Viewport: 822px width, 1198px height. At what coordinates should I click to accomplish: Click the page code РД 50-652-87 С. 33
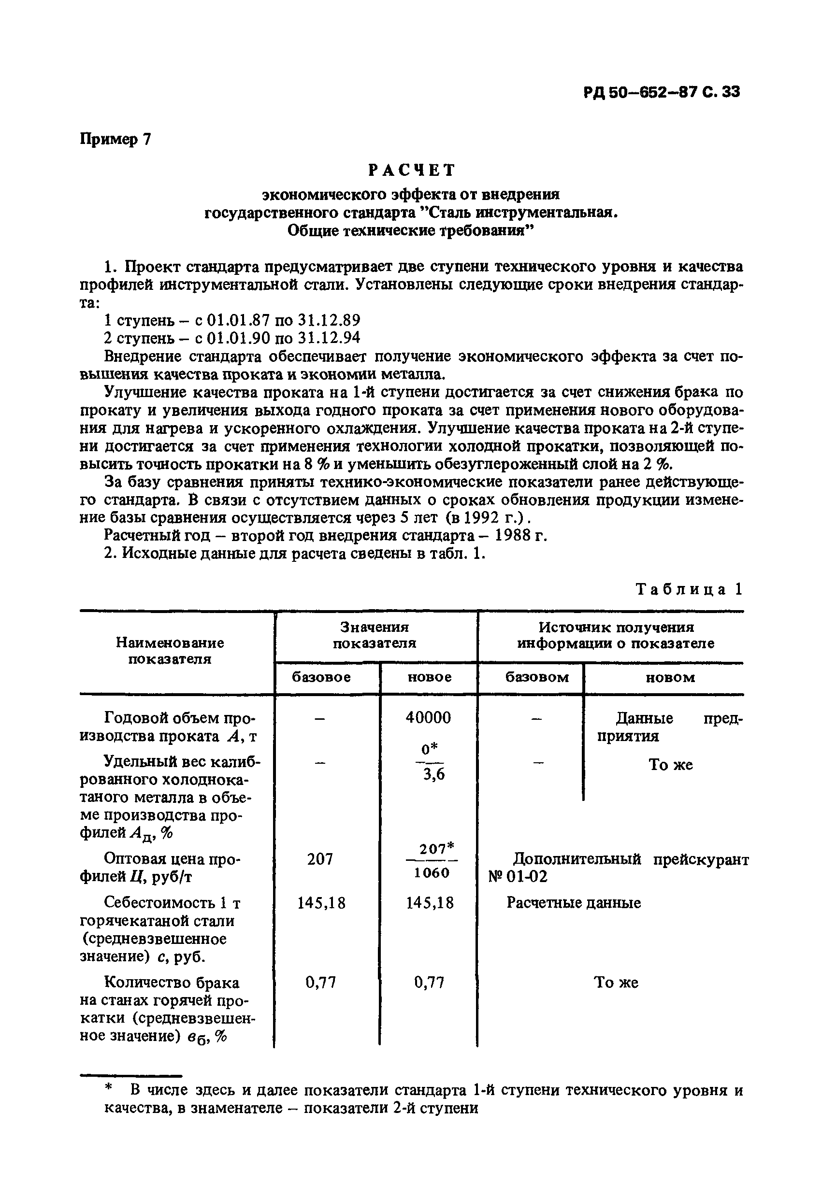662,92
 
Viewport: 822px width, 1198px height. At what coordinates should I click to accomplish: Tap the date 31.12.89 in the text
329,321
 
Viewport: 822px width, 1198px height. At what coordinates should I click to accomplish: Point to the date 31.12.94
329,338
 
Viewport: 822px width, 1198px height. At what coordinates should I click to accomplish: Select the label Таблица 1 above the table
690,589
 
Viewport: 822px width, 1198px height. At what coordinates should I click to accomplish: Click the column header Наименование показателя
170,651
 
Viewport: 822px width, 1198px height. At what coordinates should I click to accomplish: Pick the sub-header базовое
321,677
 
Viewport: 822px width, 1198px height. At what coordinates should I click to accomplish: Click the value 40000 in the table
428,717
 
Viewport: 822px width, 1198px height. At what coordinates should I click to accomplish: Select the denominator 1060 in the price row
432,873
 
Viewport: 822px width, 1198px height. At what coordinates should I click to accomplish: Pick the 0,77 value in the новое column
429,983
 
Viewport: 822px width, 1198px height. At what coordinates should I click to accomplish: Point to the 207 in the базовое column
320,859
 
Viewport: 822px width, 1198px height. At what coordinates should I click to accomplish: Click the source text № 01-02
518,877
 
